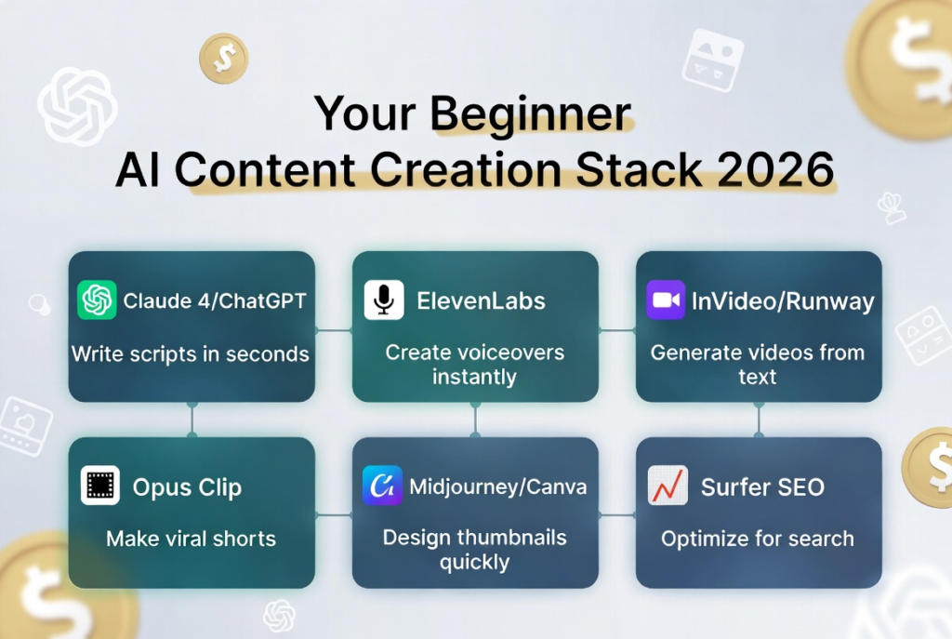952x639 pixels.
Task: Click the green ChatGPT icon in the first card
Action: (97, 300)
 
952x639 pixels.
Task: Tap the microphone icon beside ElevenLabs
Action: (384, 300)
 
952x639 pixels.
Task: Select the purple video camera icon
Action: (666, 300)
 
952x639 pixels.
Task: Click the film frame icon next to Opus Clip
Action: (100, 486)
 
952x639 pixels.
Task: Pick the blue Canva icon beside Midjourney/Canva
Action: (382, 486)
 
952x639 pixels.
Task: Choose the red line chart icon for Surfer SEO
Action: (668, 486)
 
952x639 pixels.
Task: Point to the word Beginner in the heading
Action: (531, 114)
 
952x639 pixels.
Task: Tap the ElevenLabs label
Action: (481, 300)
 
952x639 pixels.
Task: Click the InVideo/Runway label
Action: (783, 301)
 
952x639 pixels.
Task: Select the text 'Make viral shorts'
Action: (191, 539)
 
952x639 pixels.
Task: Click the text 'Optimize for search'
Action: (758, 539)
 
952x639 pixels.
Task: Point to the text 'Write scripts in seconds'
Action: (190, 353)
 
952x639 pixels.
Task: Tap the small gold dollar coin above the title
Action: (224, 59)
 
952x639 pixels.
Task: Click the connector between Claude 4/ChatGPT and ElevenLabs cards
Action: (334, 330)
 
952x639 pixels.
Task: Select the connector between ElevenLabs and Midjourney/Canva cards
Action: (475, 419)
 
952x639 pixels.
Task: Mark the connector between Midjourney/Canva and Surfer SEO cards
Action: (617, 515)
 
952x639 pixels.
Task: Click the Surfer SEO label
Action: (762, 487)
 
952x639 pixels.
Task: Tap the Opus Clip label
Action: (187, 487)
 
